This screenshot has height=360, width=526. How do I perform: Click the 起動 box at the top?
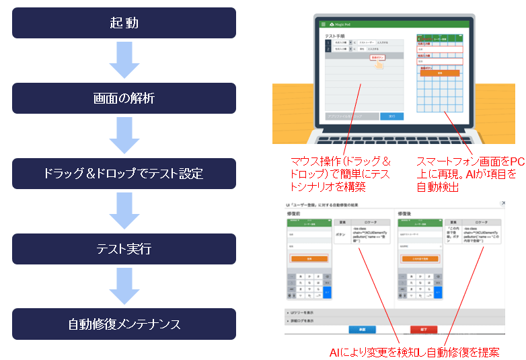(x=124, y=23)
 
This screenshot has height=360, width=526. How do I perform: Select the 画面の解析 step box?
(x=124, y=98)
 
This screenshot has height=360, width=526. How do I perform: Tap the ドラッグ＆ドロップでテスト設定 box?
(x=124, y=174)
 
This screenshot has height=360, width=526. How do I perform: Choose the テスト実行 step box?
(x=124, y=249)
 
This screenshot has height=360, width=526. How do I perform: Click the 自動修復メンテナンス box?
(x=124, y=324)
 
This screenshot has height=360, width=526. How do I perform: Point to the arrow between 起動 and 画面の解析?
(x=124, y=61)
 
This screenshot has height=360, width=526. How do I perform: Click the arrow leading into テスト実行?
(x=124, y=211)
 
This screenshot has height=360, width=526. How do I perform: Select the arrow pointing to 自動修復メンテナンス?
(x=124, y=287)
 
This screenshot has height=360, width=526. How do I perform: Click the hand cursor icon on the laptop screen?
(x=381, y=66)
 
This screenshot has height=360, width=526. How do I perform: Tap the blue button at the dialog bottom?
(x=362, y=330)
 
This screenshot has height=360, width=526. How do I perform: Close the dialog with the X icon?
(x=503, y=203)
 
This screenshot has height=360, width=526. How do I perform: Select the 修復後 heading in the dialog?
(x=406, y=214)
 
